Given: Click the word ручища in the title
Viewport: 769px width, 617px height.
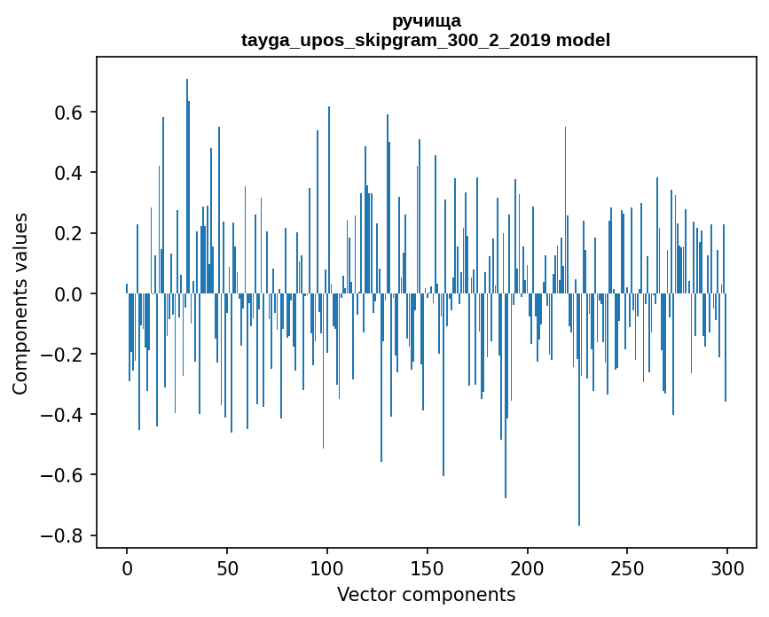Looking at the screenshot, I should (x=426, y=20).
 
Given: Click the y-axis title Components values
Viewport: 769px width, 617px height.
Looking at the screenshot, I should (x=20, y=303).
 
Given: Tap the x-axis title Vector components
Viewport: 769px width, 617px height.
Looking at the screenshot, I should (x=426, y=594).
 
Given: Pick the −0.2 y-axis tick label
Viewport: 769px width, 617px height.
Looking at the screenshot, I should (x=65, y=354).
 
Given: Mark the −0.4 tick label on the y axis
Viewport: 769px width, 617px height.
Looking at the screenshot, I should (x=65, y=414).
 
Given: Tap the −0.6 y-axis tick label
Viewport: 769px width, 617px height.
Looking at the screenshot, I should (x=65, y=474).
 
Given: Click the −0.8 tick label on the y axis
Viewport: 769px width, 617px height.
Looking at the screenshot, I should (x=65, y=535).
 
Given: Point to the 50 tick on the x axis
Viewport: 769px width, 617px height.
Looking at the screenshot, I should (x=227, y=567).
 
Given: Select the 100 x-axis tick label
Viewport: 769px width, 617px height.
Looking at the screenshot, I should (x=327, y=567).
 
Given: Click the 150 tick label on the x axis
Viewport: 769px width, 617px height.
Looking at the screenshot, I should (x=428, y=567).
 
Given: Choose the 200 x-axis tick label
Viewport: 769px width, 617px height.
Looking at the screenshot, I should (x=528, y=567).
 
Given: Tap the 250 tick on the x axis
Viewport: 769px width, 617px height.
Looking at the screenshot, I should (x=628, y=567).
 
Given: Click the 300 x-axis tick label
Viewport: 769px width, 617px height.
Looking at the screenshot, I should (x=728, y=567).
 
